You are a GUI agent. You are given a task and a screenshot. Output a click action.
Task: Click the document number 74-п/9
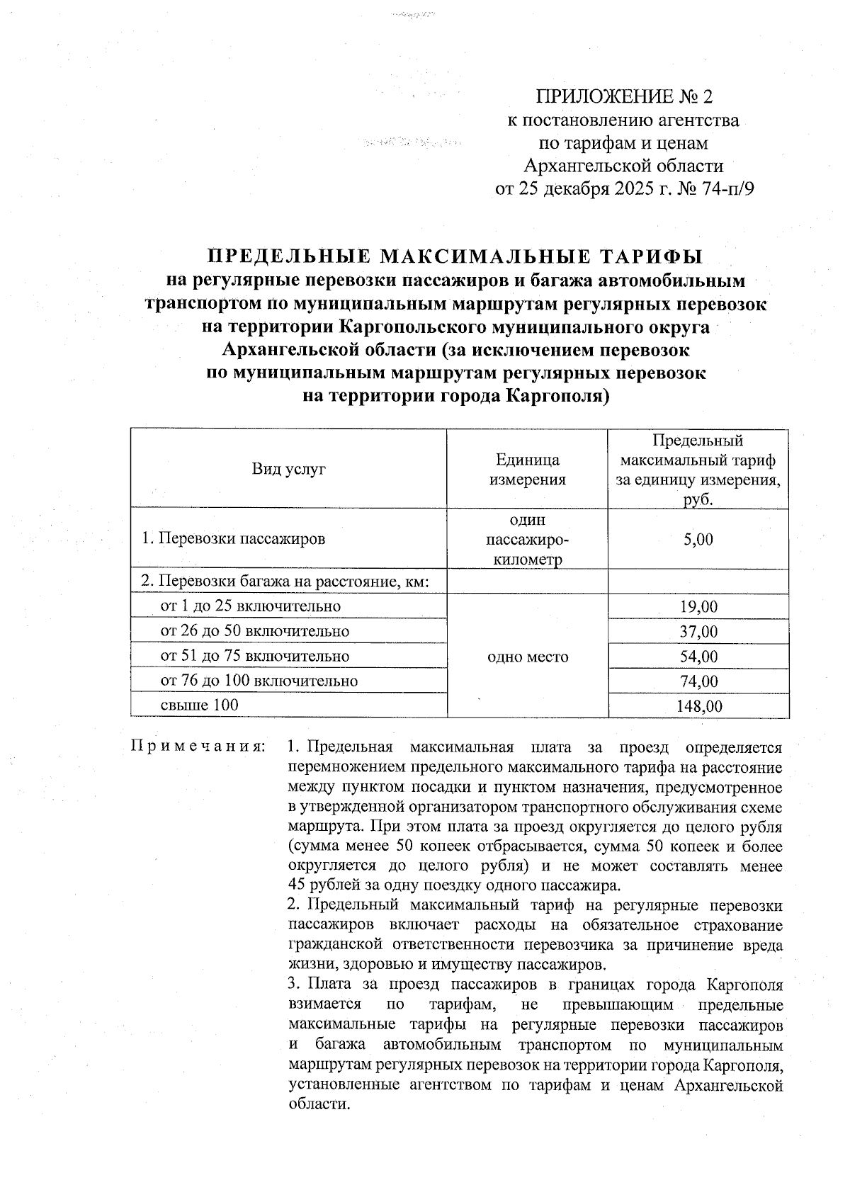(x=723, y=189)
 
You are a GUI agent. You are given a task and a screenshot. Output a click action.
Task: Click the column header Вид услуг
(x=288, y=468)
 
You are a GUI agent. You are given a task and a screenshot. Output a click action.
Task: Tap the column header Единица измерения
(x=527, y=469)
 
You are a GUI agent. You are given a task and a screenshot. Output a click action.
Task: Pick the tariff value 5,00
(x=698, y=539)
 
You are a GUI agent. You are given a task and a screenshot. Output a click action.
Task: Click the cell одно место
(x=528, y=657)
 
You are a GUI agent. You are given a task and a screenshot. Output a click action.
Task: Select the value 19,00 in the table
(x=698, y=606)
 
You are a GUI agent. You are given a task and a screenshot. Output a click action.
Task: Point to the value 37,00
(x=698, y=631)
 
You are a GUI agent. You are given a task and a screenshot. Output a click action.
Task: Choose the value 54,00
(x=698, y=656)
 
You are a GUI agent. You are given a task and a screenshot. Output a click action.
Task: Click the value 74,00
(x=698, y=681)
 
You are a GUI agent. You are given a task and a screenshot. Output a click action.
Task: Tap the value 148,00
(x=698, y=706)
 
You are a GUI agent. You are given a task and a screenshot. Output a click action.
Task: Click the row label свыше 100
(x=200, y=705)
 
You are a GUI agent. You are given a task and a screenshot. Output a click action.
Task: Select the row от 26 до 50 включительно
(x=254, y=630)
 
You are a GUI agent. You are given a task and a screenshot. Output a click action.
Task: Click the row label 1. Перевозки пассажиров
(x=233, y=538)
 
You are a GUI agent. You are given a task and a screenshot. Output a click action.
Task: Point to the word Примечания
(x=198, y=747)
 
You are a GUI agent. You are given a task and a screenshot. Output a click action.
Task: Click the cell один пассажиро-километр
(x=527, y=540)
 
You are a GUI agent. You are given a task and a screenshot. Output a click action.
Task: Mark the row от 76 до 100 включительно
(x=259, y=681)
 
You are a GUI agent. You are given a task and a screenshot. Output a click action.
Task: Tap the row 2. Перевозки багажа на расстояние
(x=286, y=582)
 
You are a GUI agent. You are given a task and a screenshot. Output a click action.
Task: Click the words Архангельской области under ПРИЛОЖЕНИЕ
(x=623, y=166)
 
